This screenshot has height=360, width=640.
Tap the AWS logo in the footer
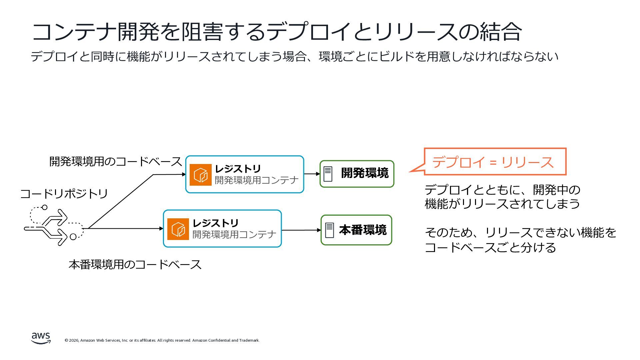[41, 338]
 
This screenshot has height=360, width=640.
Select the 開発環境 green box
[357, 174]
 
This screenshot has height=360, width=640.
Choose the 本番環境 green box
[356, 230]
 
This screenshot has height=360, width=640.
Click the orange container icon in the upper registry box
[201, 175]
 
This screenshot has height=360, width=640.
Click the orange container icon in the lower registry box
[178, 229]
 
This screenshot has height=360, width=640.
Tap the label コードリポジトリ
[64, 194]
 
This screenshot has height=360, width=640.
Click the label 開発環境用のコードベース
[115, 162]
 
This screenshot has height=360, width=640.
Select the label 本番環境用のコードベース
[135, 265]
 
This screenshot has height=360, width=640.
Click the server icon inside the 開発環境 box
[328, 174]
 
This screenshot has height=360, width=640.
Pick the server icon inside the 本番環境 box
[329, 230]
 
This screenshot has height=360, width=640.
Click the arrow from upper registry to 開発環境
[312, 174]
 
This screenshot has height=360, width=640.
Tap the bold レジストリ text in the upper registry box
[238, 169]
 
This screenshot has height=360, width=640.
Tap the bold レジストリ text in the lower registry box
[215, 223]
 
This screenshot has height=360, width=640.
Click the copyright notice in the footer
[162, 340]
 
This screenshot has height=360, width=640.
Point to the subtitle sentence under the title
[294, 57]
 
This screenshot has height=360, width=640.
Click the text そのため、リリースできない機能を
[520, 233]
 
